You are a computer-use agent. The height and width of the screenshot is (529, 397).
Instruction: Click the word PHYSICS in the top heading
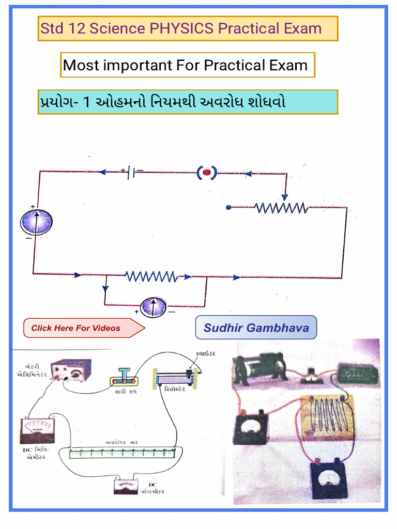pyautogui.click(x=181, y=28)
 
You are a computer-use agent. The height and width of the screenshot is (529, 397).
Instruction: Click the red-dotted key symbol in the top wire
pyautogui.click(x=206, y=172)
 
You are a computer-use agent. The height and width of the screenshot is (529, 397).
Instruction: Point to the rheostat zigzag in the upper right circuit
pyautogui.click(x=281, y=208)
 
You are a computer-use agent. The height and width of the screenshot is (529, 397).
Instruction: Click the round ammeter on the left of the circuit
pyautogui.click(x=36, y=222)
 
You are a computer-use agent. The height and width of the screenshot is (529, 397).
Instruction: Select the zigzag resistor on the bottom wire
pyautogui.click(x=150, y=277)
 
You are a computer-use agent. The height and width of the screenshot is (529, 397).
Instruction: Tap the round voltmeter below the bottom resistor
pyautogui.click(x=154, y=307)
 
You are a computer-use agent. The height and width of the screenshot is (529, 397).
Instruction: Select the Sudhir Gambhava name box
pyautogui.click(x=256, y=328)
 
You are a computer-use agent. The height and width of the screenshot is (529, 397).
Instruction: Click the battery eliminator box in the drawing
pyautogui.click(x=72, y=370)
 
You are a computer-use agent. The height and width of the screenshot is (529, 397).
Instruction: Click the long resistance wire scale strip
pyautogui.click(x=122, y=453)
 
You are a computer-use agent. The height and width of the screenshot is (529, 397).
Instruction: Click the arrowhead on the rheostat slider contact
pyautogui.click(x=284, y=196)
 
